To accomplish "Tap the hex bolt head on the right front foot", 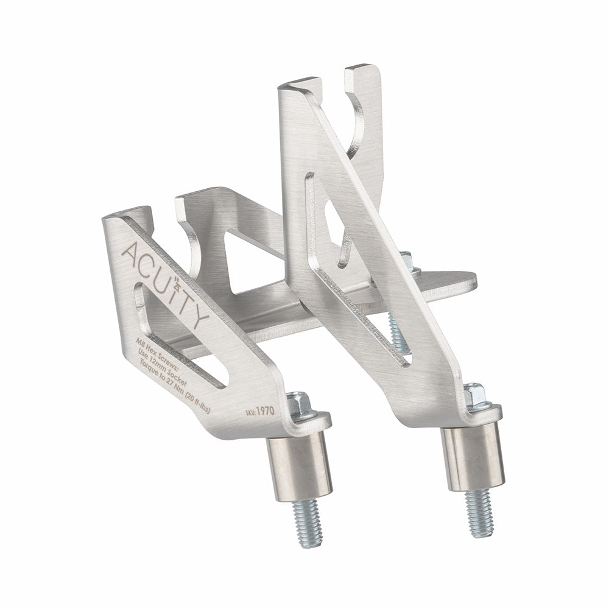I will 476,396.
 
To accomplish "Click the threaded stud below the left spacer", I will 307,521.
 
